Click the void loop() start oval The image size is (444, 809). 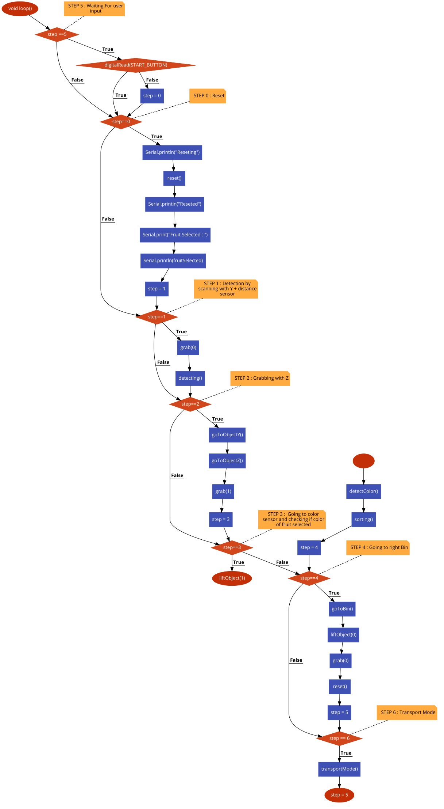pyautogui.click(x=20, y=8)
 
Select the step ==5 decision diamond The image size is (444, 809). pyautogui.click(x=57, y=34)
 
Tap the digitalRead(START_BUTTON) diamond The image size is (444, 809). pyautogui.click(x=136, y=65)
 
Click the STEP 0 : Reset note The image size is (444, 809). pyautogui.click(x=208, y=96)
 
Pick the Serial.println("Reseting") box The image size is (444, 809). pyautogui.click(x=172, y=152)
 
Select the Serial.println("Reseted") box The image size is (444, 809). pyautogui.click(x=174, y=204)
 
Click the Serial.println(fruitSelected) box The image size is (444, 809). pyautogui.click(x=173, y=261)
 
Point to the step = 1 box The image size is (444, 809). pyautogui.click(x=157, y=289)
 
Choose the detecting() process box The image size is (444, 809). pyautogui.click(x=190, y=378)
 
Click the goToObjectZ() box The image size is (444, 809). pyautogui.click(x=227, y=461)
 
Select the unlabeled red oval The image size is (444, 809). pyautogui.click(x=363, y=461)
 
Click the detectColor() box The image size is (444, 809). pyautogui.click(x=363, y=491)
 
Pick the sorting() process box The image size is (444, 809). pyautogui.click(x=363, y=520)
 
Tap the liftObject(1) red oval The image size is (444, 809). pyautogui.click(x=232, y=578)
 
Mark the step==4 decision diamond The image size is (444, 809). pyautogui.click(x=309, y=578)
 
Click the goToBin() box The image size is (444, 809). pyautogui.click(x=342, y=609)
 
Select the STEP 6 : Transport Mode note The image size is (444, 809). pyautogui.click(x=407, y=713)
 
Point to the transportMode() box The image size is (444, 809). pyautogui.click(x=339, y=769)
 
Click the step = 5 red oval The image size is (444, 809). pyautogui.click(x=339, y=795)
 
